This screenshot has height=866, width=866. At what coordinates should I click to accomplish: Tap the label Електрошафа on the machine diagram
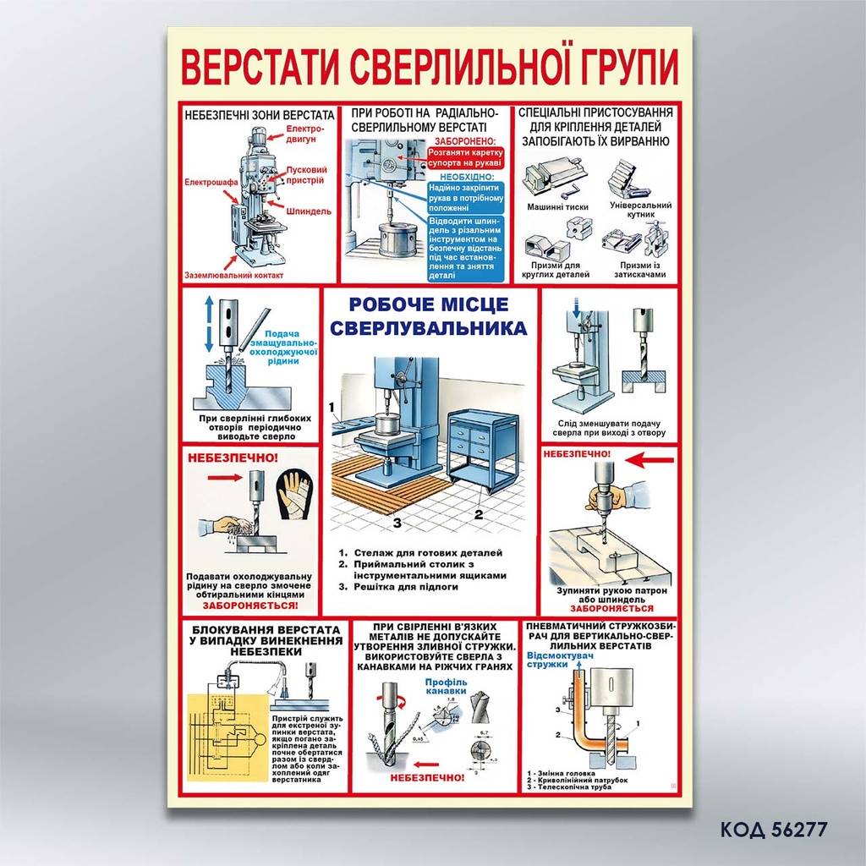pos(207,181)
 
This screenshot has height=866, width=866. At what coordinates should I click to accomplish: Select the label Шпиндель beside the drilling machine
pos(308,211)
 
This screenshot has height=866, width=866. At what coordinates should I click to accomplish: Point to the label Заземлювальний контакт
pos(234,275)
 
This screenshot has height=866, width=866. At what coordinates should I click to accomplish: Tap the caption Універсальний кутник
pos(640,210)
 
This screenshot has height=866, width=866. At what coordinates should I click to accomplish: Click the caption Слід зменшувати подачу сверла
pos(611,428)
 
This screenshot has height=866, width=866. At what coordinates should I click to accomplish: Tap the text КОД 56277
pos(773,829)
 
